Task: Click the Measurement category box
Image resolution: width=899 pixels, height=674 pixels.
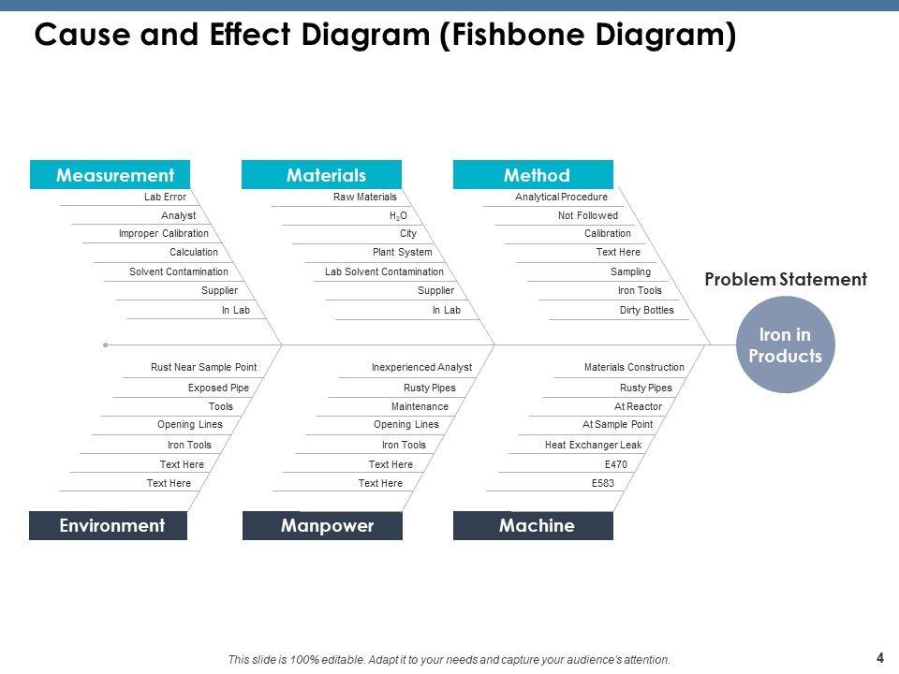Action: [x=110, y=175]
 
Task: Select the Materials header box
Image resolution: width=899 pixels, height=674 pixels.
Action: [x=321, y=175]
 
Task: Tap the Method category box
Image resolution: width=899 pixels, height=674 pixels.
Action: [x=533, y=175]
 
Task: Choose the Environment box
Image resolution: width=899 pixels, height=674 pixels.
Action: [x=109, y=526]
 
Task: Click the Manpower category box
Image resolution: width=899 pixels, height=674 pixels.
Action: [x=322, y=526]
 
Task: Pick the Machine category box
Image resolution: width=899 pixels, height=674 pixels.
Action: [x=533, y=526]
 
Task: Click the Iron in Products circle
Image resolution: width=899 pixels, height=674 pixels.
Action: [x=784, y=345]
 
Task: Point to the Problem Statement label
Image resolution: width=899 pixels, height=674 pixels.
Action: [x=785, y=279]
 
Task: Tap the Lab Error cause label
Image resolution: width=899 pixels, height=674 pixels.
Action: [x=165, y=198]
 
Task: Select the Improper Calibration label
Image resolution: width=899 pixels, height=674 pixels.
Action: [x=164, y=234]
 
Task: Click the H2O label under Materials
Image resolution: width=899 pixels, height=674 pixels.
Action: [x=398, y=216]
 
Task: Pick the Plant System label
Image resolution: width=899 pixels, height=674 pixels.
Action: [x=403, y=253]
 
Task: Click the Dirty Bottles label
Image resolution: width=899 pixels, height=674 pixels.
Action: [x=646, y=310]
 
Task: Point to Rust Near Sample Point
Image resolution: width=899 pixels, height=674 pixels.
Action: [x=203, y=368]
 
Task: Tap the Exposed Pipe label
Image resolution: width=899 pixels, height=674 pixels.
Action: [x=218, y=388]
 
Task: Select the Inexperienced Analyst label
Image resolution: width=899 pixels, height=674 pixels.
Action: [x=421, y=368]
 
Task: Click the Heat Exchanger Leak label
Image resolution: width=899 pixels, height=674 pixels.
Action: [x=593, y=446]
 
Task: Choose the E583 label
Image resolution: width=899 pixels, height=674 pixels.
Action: [x=603, y=483]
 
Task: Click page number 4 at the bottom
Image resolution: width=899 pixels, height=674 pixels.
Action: [x=879, y=657]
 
